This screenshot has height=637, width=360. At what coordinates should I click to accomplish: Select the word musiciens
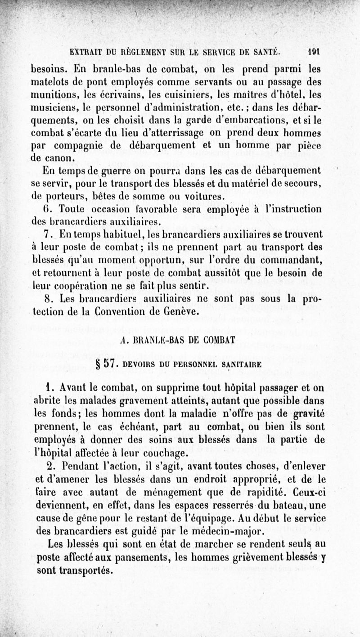pos(54,108)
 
